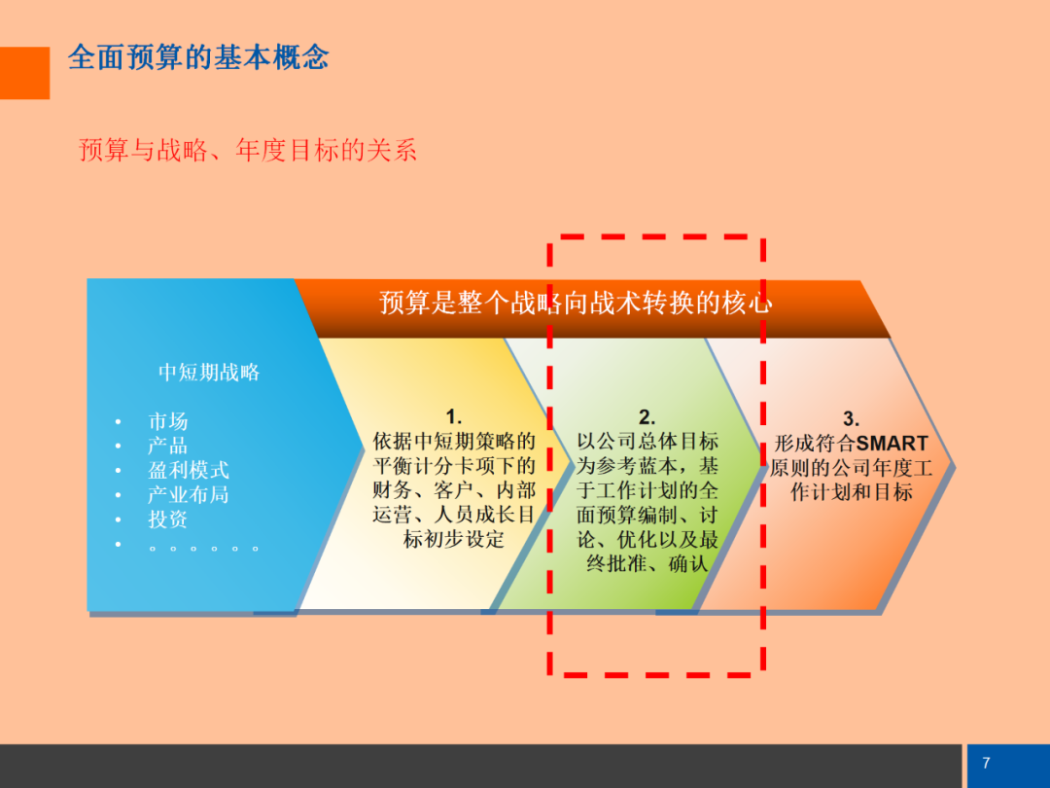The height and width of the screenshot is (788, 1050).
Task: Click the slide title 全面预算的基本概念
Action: [198, 57]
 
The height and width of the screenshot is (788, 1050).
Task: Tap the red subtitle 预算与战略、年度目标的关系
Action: [248, 150]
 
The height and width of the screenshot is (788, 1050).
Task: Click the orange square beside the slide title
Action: [24, 73]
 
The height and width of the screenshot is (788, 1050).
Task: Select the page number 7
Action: [986, 763]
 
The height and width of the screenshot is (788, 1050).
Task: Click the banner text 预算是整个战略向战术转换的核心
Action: [576, 303]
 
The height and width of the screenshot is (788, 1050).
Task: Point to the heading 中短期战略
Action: [209, 372]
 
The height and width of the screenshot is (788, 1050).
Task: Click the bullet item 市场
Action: [167, 421]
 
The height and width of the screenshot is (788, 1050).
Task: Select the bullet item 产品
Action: [167, 446]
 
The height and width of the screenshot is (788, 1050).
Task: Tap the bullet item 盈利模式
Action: [189, 470]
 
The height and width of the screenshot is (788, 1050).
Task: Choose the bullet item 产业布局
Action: [189, 494]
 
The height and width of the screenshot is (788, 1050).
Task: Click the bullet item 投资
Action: [167, 519]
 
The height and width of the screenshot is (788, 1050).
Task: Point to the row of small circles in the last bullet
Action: [203, 549]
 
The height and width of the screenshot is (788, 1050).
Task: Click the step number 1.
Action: [453, 416]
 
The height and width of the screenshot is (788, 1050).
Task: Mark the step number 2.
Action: [647, 416]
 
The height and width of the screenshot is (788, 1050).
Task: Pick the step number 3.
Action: [851, 419]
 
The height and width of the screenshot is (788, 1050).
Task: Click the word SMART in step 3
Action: [892, 444]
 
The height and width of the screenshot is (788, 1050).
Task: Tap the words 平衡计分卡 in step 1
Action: [423, 466]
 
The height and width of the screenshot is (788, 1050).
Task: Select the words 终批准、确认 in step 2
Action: [647, 563]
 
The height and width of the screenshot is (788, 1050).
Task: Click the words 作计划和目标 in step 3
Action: [851, 492]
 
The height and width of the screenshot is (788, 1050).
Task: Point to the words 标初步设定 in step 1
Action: [453, 539]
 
